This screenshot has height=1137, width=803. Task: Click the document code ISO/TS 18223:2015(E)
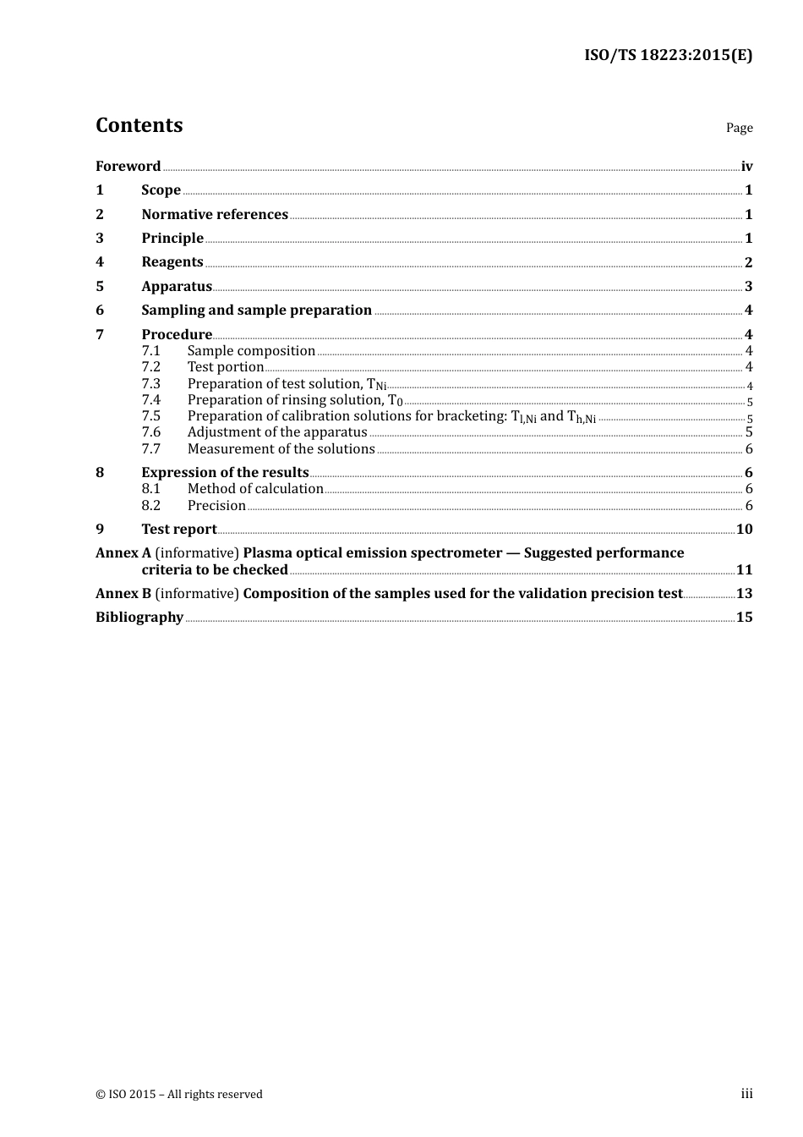point(668,56)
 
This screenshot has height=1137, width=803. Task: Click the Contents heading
point(139,125)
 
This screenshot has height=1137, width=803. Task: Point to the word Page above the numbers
point(739,128)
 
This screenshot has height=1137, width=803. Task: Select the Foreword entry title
point(128,167)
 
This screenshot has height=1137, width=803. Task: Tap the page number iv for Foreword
point(746,167)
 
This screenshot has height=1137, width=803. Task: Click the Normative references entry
point(215,215)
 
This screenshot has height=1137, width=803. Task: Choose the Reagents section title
point(172,262)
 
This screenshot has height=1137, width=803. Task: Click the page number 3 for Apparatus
point(748,287)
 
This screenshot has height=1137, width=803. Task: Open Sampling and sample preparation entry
point(256,310)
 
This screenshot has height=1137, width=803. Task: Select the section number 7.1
point(150,351)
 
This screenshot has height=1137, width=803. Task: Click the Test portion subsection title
point(226,367)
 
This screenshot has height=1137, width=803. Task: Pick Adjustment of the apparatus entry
point(277,432)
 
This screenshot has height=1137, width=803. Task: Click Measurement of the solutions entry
point(281,449)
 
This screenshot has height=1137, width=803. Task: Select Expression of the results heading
point(225,473)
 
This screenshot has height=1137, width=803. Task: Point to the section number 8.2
point(150,506)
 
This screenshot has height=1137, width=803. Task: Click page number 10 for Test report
point(744,530)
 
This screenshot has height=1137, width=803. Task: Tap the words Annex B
point(123,594)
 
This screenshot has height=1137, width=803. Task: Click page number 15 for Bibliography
point(744,618)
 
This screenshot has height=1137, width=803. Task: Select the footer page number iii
point(746,1094)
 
